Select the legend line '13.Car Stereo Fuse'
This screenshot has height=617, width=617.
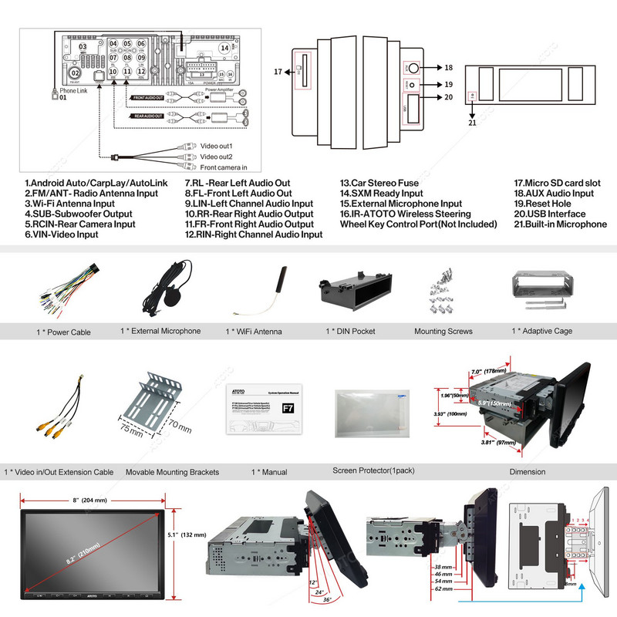pyautogui.click(x=379, y=184)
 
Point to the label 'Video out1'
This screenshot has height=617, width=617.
pyautogui.click(x=221, y=146)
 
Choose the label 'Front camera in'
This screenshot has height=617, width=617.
pyautogui.click(x=229, y=167)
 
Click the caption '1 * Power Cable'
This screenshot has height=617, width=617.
pyautogui.click(x=64, y=332)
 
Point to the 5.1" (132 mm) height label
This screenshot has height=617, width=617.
pyautogui.click(x=190, y=534)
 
